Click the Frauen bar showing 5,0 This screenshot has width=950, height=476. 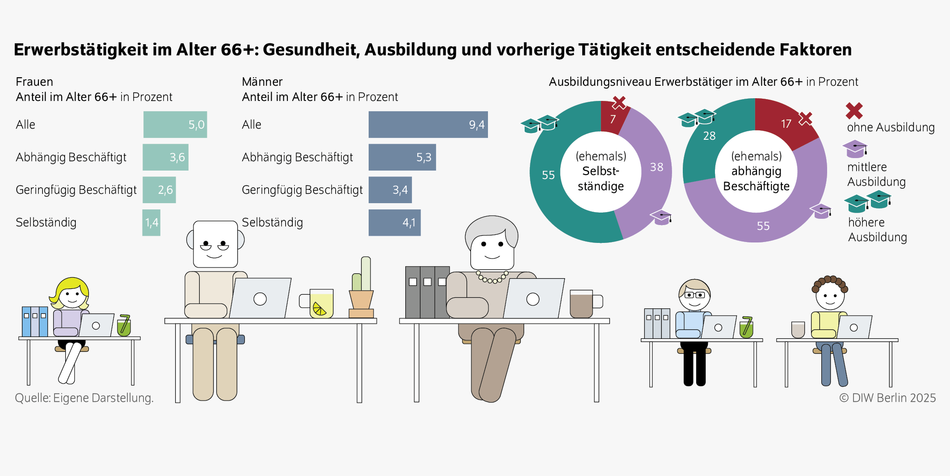(175, 125)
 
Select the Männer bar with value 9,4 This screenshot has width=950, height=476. (428, 125)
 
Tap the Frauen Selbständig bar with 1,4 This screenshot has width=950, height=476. (151, 222)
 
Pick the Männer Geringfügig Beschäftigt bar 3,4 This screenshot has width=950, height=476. (390, 190)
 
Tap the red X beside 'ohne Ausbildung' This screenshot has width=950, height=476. (854, 111)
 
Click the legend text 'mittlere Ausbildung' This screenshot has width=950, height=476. (876, 174)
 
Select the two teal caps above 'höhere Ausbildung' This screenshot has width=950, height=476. (867, 201)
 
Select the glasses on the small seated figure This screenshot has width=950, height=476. (695, 295)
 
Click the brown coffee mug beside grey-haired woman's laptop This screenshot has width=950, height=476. (582, 304)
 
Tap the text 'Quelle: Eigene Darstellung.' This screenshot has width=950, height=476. (84, 398)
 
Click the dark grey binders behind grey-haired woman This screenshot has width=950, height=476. (427, 292)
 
